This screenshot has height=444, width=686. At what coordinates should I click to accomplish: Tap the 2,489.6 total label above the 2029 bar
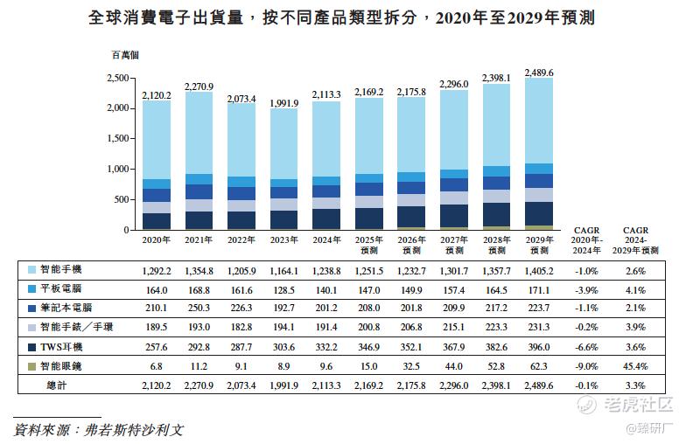(x=539, y=73)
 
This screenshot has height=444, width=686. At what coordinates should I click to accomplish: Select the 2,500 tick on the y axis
(x=117, y=78)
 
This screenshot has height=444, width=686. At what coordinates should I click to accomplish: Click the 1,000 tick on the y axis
(x=117, y=170)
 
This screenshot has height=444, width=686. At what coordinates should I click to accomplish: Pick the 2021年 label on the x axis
(x=199, y=239)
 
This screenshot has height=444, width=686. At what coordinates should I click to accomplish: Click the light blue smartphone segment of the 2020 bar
(x=157, y=140)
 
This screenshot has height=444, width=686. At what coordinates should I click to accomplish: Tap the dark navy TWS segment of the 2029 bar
(x=539, y=213)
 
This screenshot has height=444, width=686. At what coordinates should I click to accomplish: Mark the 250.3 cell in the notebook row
(x=199, y=309)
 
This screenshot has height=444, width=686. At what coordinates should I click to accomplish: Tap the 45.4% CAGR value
(x=635, y=366)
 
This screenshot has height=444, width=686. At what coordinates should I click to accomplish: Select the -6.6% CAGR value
(x=585, y=347)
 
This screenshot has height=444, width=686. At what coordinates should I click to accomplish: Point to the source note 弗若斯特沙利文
(x=131, y=430)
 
